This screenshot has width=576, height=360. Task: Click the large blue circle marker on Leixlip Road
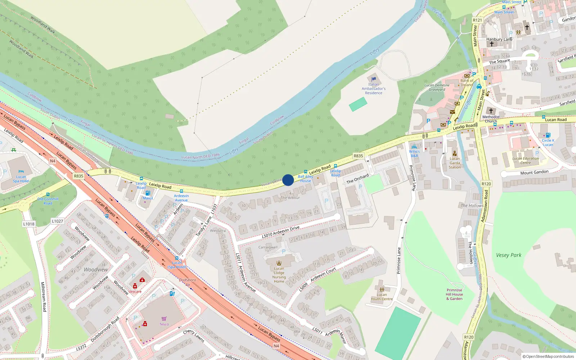[x=288, y=180]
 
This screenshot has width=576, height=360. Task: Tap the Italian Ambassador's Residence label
[x=374, y=89]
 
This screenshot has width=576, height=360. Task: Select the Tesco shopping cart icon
[x=164, y=319]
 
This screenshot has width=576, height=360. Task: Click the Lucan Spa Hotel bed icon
[x=21, y=172]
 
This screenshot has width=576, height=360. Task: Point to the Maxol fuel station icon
[x=148, y=193]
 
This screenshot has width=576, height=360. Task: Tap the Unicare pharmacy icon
[x=135, y=286]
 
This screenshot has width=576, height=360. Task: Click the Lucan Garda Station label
[x=455, y=163]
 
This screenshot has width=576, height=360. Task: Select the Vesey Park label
[x=508, y=255]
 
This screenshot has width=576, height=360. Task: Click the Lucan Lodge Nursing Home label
[x=279, y=275]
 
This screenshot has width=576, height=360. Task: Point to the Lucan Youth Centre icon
[x=382, y=289]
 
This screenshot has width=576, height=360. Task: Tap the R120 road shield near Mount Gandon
[x=486, y=184]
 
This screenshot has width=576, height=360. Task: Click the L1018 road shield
[x=29, y=224]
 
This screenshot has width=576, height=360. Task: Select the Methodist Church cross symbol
[x=491, y=111]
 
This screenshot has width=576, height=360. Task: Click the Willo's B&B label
[x=414, y=154]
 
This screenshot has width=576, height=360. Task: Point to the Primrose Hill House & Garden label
[x=454, y=294]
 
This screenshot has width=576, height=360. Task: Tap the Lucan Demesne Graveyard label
[x=437, y=87]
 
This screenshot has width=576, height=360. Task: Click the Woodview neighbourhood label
[x=96, y=269]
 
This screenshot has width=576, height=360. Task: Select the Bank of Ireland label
[x=467, y=83]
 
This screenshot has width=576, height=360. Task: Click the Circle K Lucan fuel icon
[x=548, y=135]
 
